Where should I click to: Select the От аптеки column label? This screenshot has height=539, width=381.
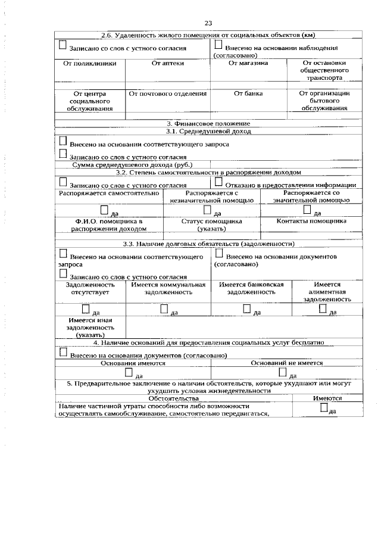168,63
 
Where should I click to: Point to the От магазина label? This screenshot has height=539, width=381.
248,63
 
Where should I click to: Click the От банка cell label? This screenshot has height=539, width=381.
248,94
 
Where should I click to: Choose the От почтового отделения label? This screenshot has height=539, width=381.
168,94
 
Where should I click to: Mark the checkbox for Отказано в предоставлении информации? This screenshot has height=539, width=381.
218,182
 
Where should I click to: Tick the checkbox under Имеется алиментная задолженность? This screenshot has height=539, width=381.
323,309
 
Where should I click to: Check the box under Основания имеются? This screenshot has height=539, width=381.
129,373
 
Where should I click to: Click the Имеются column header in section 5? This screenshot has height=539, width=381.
327,398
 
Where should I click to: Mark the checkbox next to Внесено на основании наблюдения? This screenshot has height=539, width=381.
218,45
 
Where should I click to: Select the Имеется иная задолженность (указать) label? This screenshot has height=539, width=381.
89,328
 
